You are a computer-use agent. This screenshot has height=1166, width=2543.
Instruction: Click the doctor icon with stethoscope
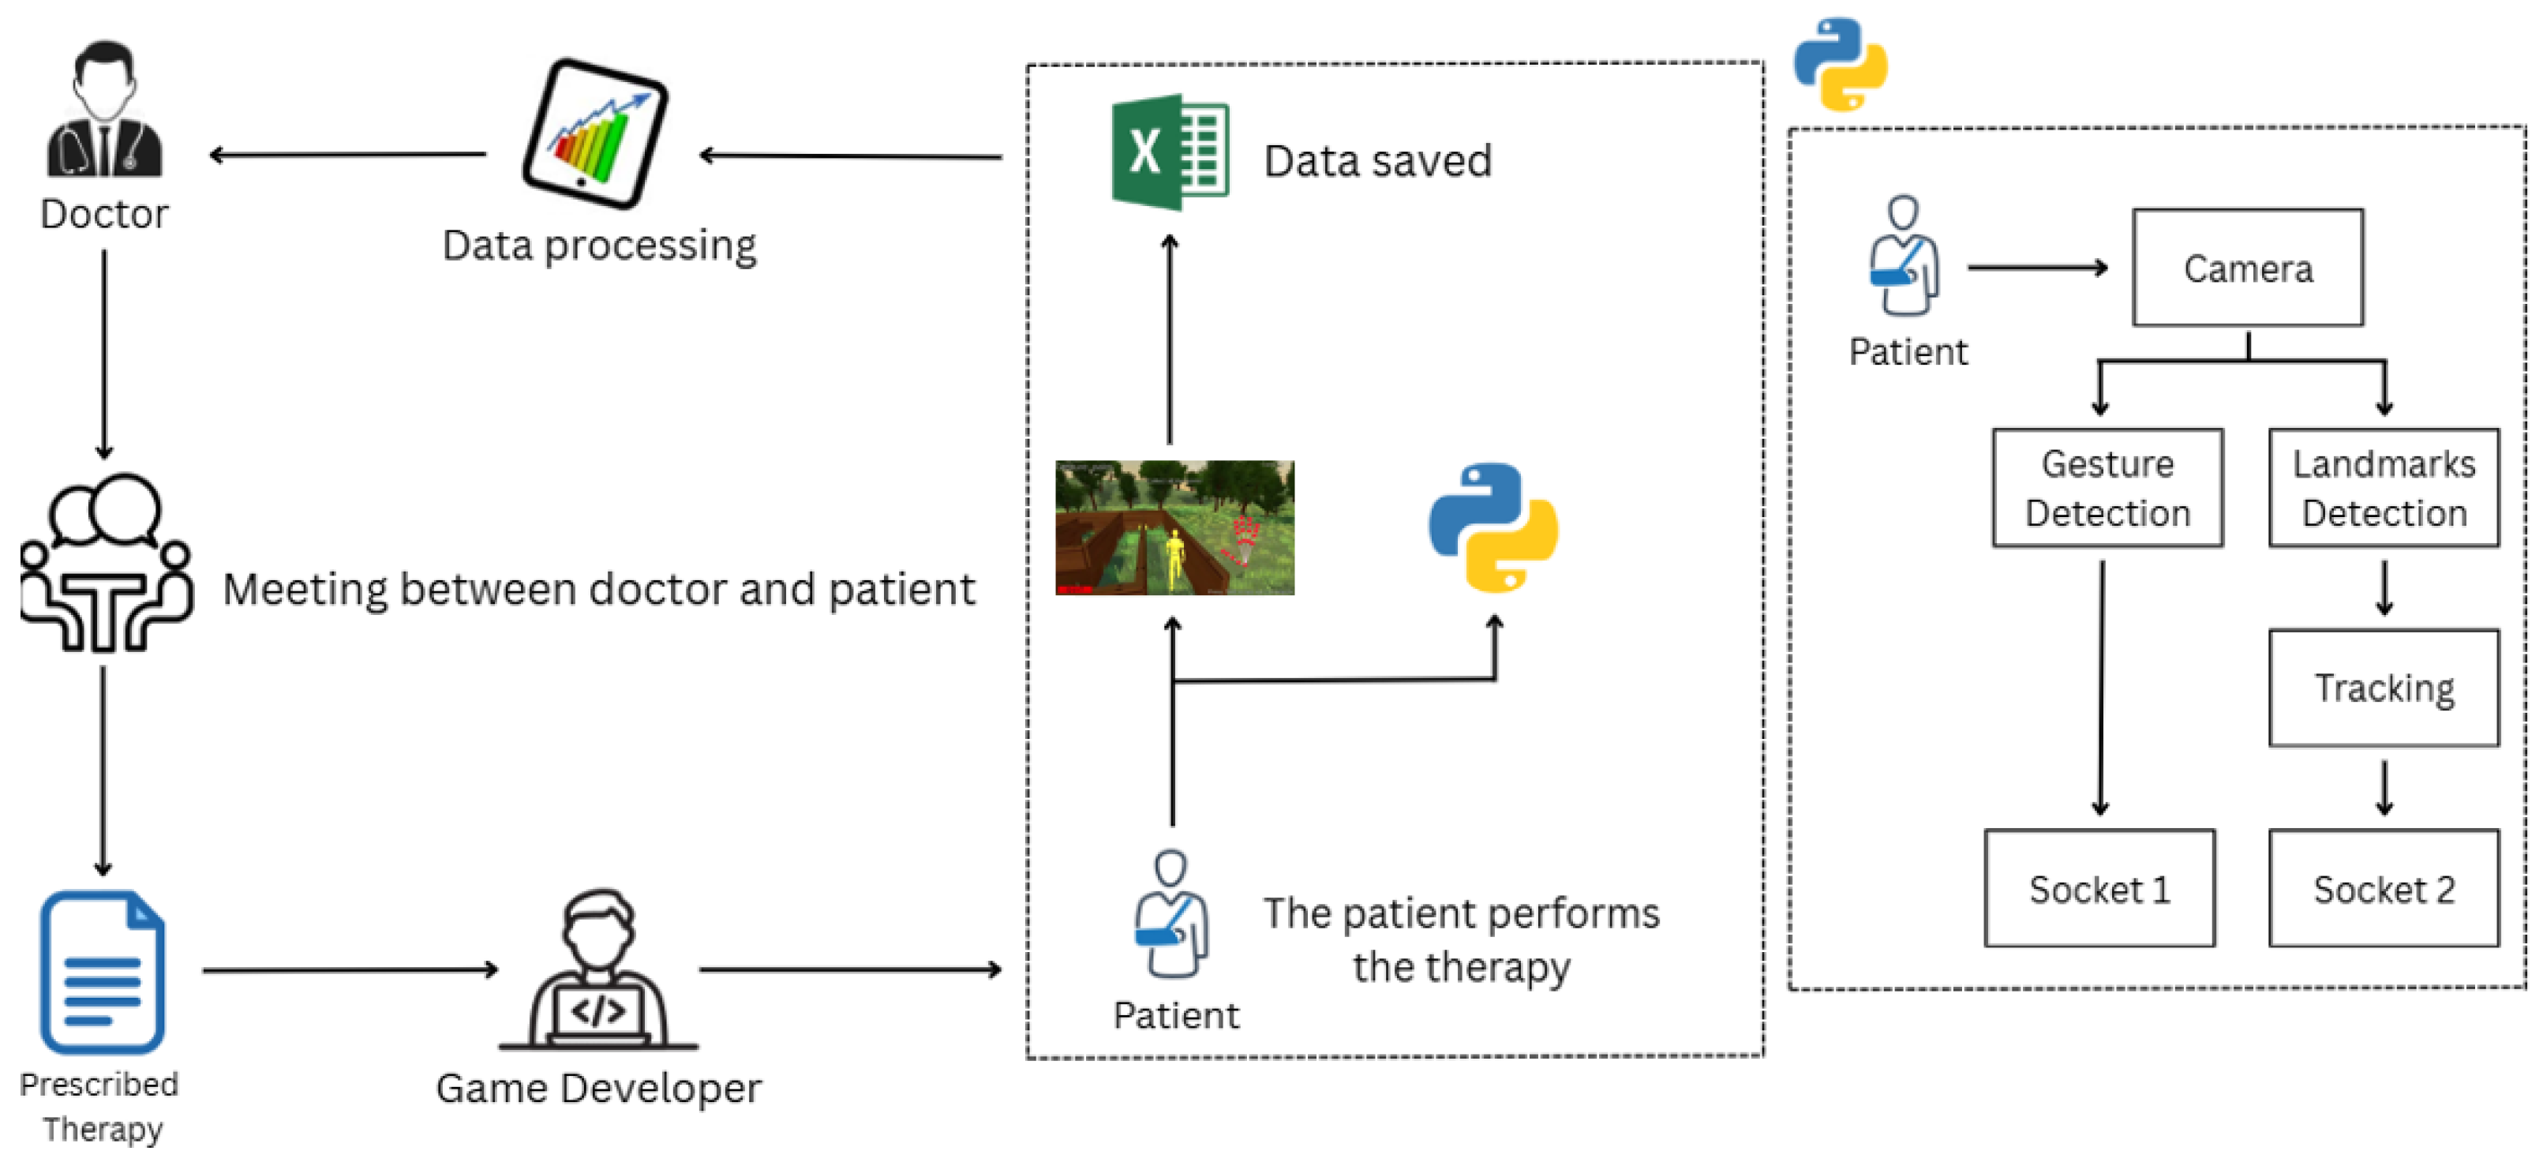coord(105,111)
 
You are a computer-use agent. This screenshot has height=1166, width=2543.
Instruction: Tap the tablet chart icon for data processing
coord(595,134)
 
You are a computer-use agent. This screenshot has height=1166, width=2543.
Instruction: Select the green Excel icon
coord(1170,153)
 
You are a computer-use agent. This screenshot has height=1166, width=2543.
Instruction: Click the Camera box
coord(2247,268)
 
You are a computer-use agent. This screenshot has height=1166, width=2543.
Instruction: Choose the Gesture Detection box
coord(2107,488)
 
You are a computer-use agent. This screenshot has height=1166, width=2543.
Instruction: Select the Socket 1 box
coord(2099,889)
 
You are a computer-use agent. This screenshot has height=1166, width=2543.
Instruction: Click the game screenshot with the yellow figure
coord(1174,528)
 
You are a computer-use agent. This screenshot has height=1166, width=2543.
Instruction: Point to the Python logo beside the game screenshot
coord(1492,528)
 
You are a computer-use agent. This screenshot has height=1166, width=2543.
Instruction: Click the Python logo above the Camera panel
coord(1840,64)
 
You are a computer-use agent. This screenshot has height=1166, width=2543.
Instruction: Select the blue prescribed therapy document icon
coord(102,973)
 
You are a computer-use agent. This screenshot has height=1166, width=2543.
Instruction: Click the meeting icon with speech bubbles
coord(106,563)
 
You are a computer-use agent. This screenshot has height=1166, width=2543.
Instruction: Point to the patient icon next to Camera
coord(1903,257)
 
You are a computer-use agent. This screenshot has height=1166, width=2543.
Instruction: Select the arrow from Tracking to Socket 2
coord(2384,788)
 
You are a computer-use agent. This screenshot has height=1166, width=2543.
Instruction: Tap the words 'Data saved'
coord(1377,161)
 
